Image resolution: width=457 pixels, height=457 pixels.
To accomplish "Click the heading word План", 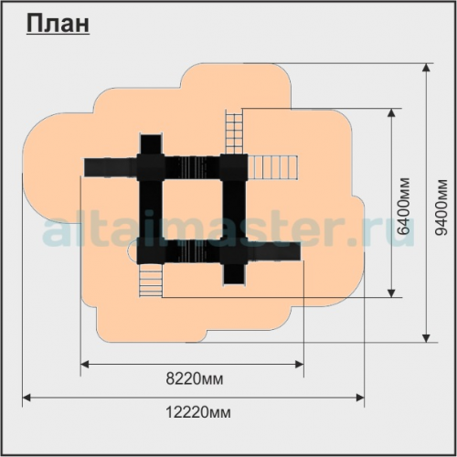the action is point(58,24).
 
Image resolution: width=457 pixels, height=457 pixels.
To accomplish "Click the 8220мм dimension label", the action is point(195,379).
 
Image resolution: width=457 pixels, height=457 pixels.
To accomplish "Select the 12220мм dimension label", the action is point(198,412).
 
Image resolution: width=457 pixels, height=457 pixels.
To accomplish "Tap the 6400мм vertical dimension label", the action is point(404,207).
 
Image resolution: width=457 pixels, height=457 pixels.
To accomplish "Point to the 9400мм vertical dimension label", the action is point(441,207).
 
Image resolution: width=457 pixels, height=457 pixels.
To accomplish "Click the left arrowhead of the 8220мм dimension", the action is point(84,364).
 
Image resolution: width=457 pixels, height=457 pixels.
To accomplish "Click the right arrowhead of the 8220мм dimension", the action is point(300,364).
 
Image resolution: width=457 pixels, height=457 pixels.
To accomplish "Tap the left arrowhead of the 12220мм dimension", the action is point(27,398).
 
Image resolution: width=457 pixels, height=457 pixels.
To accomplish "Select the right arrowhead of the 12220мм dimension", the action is point(360,398).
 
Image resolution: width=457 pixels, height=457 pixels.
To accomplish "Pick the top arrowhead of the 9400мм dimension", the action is point(427,68).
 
